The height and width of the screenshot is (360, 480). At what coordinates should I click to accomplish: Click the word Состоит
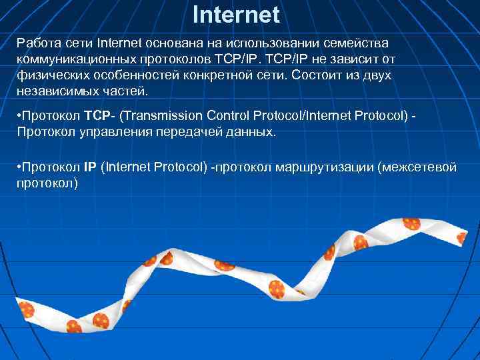tap(322, 75)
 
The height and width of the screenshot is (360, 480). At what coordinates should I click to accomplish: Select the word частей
tap(126, 91)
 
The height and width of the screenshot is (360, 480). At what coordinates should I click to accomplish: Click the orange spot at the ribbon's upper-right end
tap(411, 224)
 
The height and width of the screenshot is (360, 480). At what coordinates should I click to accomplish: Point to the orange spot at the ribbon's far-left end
tap(26, 309)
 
